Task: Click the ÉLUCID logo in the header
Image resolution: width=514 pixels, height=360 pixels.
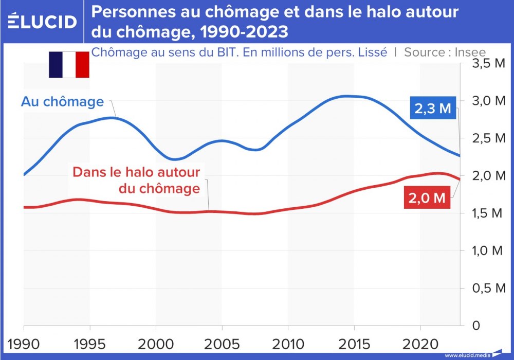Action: point(42,21)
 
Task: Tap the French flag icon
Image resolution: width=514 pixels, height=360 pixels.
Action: point(69,65)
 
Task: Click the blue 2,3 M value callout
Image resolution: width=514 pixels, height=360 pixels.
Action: point(432,109)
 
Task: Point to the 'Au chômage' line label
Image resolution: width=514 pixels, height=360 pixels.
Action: point(62,102)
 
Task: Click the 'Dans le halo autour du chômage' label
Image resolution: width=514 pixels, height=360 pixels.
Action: point(136,180)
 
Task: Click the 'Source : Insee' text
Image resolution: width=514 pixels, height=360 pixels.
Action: point(445,52)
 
